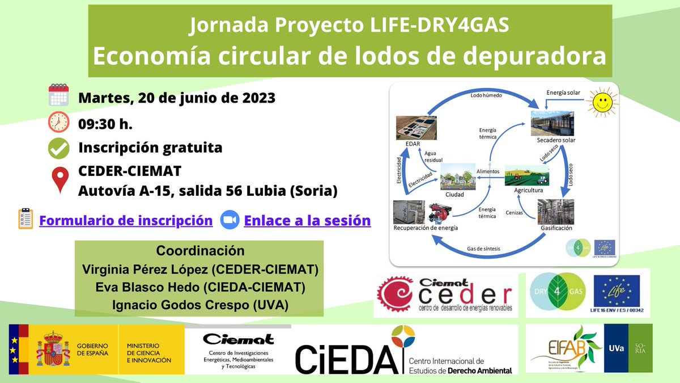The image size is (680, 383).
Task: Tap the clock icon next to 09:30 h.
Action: click(x=58, y=122)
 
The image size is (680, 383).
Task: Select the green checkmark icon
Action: click(x=58, y=148)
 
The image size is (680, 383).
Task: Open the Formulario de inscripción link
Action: click(x=126, y=220)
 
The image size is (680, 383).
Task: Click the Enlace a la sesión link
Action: click(x=307, y=220)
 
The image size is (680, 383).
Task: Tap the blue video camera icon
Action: click(x=229, y=220)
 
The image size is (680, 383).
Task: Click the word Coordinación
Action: click(x=200, y=251)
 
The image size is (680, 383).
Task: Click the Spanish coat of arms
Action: click(x=53, y=348)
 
